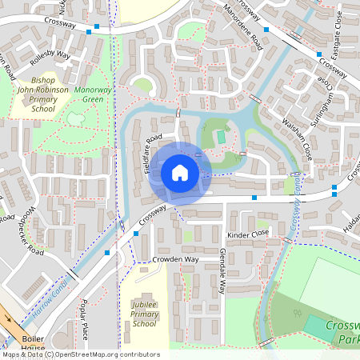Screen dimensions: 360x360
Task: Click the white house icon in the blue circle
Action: [x=179, y=173]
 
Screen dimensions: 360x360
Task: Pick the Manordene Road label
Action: [x=243, y=27]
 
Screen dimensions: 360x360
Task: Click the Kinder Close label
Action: [x=247, y=234]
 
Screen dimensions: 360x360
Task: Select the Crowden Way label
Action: [x=175, y=260]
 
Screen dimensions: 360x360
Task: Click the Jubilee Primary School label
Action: [x=143, y=314]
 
